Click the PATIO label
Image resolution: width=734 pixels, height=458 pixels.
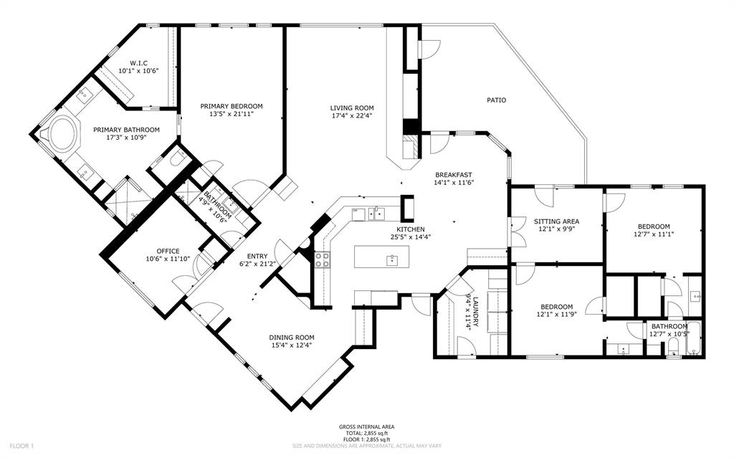coord(496,100)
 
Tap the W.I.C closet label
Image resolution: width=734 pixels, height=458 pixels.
coord(138,63)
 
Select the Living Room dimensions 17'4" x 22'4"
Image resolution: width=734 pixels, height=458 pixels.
coord(351,115)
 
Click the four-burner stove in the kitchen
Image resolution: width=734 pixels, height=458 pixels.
coord(322,259)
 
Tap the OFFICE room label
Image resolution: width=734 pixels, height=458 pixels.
coord(168,252)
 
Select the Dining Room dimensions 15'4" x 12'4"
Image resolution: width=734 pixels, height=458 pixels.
coord(292,345)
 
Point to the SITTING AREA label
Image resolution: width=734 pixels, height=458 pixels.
coord(556,221)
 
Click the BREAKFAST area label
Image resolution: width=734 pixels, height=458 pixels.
coord(453,175)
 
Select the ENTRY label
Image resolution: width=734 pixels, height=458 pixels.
coord(257,256)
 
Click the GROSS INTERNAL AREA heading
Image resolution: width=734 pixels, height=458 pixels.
coord(366,426)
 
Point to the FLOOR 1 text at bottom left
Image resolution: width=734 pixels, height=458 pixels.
coord(22,446)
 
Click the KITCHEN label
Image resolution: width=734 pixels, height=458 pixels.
coord(411,229)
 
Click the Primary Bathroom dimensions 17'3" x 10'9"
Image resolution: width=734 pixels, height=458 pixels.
coord(126,137)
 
